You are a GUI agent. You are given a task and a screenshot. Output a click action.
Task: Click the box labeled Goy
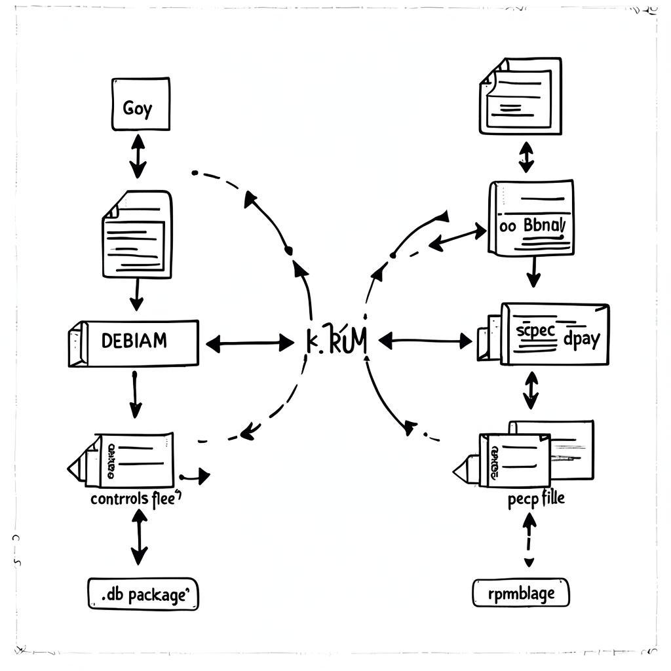coord(140,104)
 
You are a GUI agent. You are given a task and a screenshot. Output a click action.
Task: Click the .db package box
coord(143,594)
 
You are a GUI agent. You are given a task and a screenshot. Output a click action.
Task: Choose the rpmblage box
coord(521,593)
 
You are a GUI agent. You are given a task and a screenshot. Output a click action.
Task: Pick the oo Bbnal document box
coord(531,218)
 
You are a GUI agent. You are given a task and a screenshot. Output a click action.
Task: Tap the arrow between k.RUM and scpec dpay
coord(425,341)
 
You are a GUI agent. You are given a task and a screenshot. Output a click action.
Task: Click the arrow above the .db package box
coord(139,537)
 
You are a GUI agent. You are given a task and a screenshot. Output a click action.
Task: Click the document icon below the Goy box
coord(138,234)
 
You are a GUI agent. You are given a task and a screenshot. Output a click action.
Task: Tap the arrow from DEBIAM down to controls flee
coord(134,394)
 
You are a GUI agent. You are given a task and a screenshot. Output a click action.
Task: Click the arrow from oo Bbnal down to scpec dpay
coord(533,272)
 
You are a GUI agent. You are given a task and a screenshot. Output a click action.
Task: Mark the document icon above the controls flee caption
coord(125,460)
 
